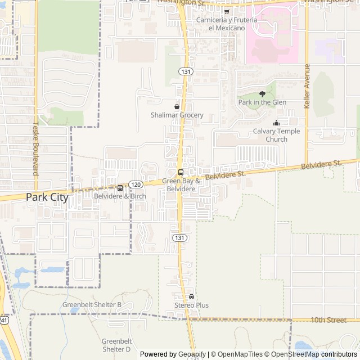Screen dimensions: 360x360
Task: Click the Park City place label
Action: pos(47,197)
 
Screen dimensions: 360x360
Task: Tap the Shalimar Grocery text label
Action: pos(177,115)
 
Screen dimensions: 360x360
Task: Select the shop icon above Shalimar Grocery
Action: pos(177,106)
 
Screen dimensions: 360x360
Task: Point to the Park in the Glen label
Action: pos(262,102)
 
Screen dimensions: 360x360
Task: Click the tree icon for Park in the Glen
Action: pos(262,93)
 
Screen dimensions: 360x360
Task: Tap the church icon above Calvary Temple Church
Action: pos(276,123)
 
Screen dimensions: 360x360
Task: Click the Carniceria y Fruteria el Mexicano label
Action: pos(227,24)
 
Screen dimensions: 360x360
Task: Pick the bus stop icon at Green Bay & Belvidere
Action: pos(180,172)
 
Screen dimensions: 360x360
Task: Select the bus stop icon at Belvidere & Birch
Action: pos(120,187)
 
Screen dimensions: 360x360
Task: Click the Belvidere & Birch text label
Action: pos(120,196)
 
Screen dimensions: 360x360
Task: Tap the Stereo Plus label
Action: pos(191,305)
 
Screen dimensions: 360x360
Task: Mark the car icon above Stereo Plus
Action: pos(191,296)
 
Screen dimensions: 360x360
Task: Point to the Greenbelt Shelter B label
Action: pos(92,305)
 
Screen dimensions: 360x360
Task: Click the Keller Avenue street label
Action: pos(307,86)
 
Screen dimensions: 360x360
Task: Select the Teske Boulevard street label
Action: pos(35,149)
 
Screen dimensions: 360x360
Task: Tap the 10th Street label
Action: pos(328,320)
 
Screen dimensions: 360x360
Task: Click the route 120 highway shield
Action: pos(135,184)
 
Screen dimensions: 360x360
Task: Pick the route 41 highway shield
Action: pos(4,320)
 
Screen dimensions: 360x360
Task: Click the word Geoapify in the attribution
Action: pos(192,354)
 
